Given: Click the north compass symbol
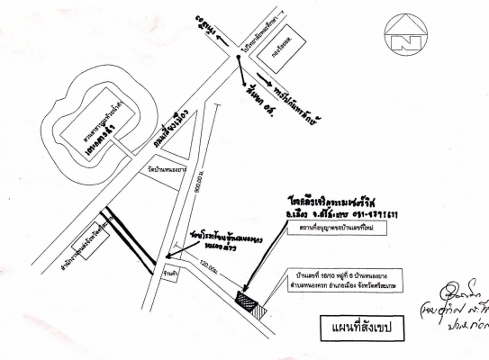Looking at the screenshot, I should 397,35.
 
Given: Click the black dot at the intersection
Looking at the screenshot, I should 238,60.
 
